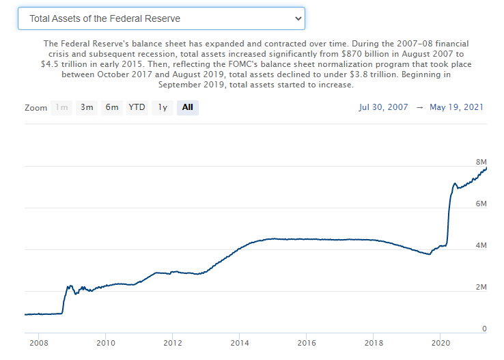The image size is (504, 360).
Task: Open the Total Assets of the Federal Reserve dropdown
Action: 160,18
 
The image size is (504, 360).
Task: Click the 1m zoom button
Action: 61,107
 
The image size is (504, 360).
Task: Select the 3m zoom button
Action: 87,107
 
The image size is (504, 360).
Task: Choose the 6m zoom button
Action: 112,107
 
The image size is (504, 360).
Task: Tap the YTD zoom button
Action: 137,107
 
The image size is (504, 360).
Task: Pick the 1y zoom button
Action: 163,107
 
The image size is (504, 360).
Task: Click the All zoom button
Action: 188,107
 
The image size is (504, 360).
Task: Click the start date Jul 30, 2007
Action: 383,107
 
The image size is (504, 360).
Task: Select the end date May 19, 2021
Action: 458,107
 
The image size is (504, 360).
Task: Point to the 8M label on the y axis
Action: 481,162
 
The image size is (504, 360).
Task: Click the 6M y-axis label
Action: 481,204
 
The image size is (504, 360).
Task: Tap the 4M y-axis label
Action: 481,245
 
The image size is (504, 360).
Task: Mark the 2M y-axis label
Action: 481,287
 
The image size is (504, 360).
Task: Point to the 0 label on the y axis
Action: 484,329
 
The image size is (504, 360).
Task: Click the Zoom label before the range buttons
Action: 36,108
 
